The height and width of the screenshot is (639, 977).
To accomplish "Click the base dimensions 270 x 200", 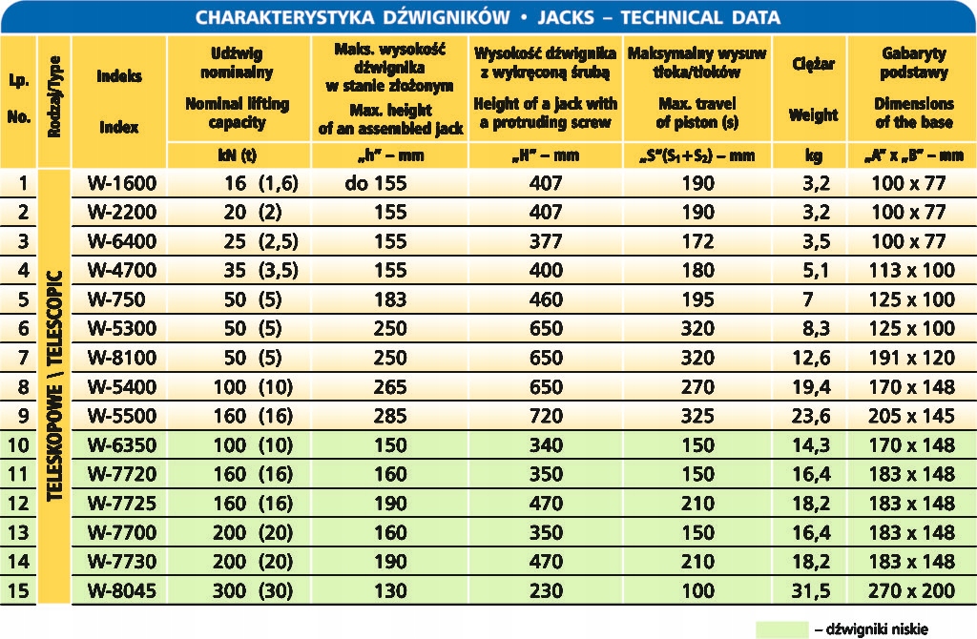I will tap(912, 590).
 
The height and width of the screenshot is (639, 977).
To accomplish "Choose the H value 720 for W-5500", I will tap(545, 416).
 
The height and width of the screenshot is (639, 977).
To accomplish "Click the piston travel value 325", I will tap(697, 416).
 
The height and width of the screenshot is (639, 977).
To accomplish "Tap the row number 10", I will tap(18, 444).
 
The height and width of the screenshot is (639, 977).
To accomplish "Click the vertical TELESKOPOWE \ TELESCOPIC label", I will tap(54, 386).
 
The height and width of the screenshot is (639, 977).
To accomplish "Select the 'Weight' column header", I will tap(813, 114).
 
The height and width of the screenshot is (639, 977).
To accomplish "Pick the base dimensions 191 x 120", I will tap(912, 358).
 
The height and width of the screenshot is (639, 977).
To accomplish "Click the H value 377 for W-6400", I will tap(545, 242).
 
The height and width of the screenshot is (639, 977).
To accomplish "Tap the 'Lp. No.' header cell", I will tap(18, 100).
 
